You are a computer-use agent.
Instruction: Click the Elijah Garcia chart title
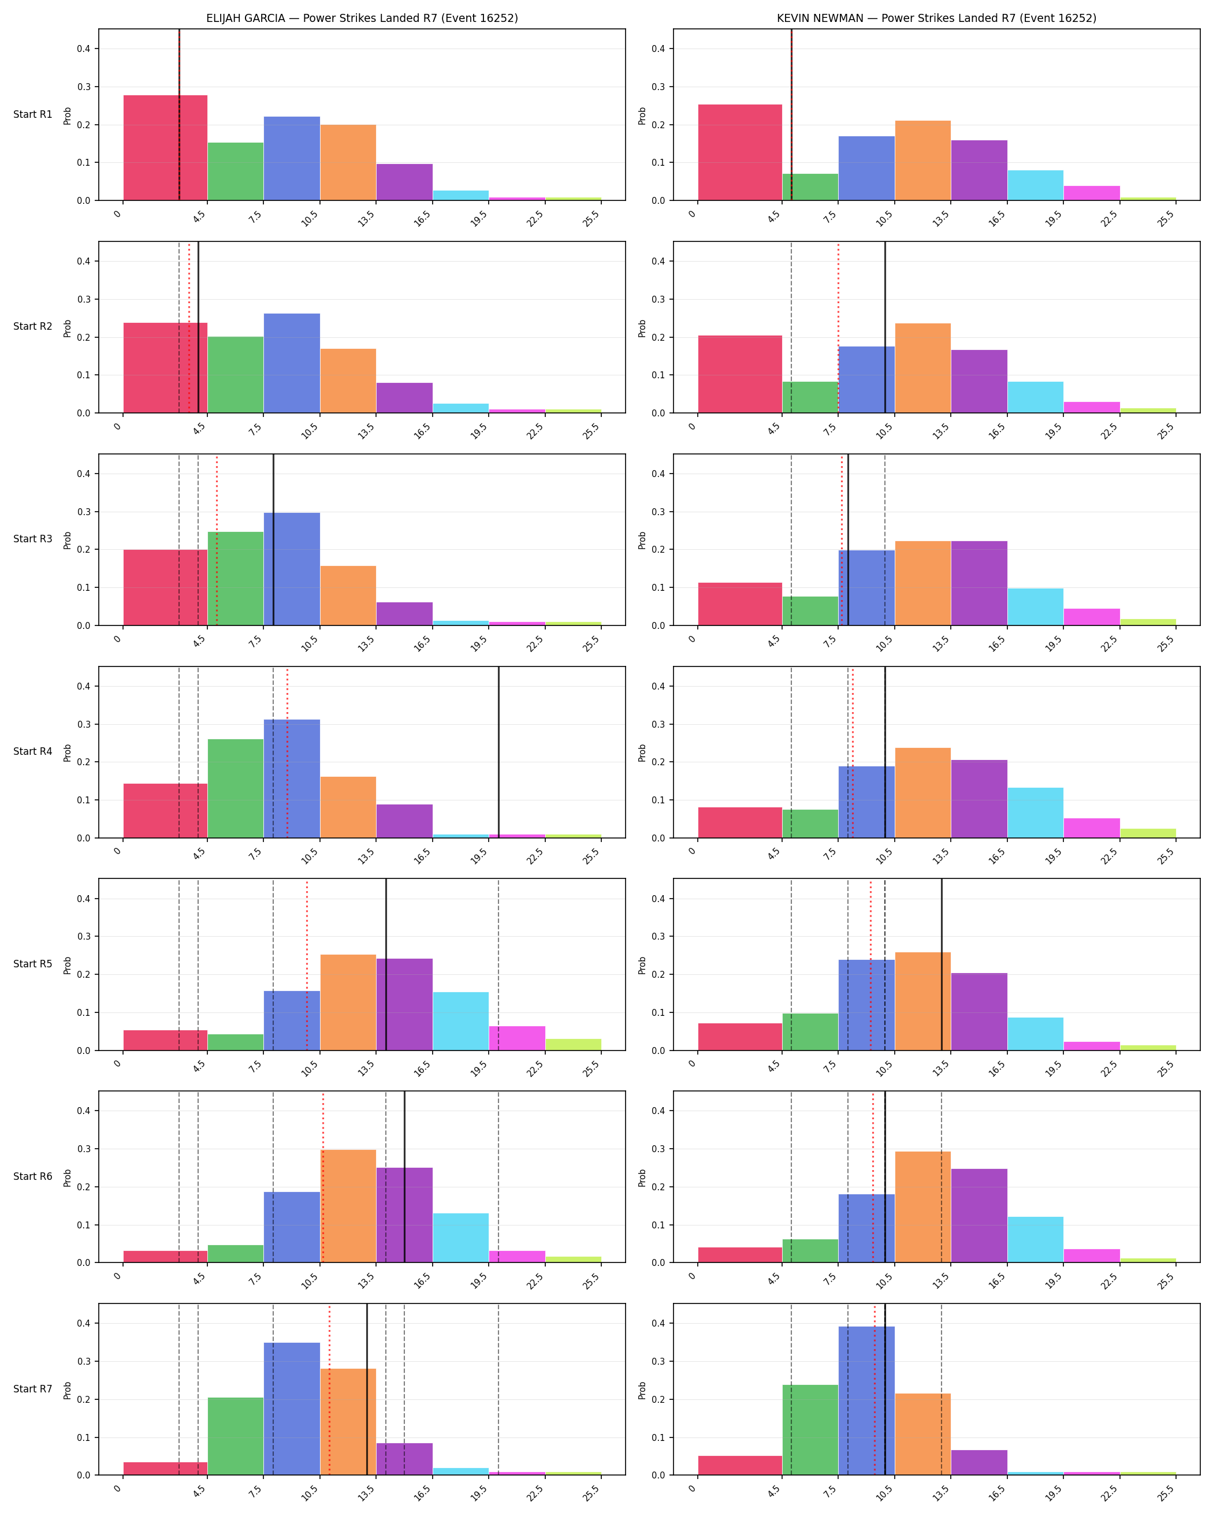362,18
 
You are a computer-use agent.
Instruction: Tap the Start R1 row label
33,114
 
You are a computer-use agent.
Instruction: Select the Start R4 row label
33,752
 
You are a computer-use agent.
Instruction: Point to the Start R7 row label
33,1389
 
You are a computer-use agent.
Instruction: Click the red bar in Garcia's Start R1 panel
165,148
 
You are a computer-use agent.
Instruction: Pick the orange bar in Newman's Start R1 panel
922,161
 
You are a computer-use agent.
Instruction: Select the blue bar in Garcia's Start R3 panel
292,569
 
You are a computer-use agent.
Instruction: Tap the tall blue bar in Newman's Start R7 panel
866,1400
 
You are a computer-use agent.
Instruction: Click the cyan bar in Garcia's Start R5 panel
460,1021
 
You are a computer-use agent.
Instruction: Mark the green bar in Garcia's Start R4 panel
236,788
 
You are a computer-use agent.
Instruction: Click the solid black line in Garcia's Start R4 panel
498,753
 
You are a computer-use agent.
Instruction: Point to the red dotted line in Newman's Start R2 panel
838,327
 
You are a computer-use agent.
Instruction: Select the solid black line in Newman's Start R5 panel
942,964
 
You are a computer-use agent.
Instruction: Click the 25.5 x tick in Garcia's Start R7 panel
592,1494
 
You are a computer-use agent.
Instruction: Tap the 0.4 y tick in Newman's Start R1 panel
658,49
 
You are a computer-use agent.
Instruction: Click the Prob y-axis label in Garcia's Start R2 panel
68,329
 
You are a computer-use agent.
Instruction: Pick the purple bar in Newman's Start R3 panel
979,583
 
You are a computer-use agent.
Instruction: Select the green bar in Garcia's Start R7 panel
236,1436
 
